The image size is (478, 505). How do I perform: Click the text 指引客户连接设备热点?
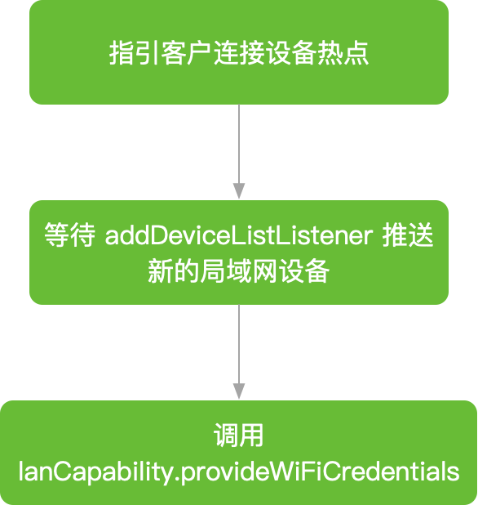pyautogui.click(x=238, y=53)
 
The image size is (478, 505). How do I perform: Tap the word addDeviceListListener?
pyautogui.click(x=239, y=236)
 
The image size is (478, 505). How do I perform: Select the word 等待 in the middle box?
pyautogui.click(x=70, y=235)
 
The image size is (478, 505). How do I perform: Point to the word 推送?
pyautogui.click(x=408, y=235)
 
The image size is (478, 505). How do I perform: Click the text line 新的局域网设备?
pyautogui.click(x=238, y=271)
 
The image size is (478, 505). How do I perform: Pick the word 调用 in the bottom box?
pyautogui.click(x=238, y=436)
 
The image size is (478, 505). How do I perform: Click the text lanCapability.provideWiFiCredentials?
pyautogui.click(x=239, y=472)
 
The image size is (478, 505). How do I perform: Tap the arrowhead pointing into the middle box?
pyautogui.click(x=239, y=190)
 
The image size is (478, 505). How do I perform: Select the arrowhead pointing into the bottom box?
pyautogui.click(x=239, y=391)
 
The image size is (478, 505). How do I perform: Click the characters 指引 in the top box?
pyautogui.click(x=135, y=53)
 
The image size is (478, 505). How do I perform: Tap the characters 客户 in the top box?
pyautogui.click(x=187, y=53)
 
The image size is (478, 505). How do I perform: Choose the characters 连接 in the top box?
pyautogui.click(x=239, y=53)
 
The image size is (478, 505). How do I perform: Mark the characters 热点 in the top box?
pyautogui.click(x=343, y=53)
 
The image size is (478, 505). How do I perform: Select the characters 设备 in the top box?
pyautogui.click(x=290, y=53)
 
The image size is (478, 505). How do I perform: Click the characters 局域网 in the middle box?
pyautogui.click(x=238, y=271)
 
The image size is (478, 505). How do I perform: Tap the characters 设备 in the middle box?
pyautogui.click(x=303, y=271)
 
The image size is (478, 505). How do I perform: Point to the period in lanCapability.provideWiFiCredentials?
pyautogui.click(x=176, y=479)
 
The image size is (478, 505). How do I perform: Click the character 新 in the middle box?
pyautogui.click(x=161, y=271)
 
